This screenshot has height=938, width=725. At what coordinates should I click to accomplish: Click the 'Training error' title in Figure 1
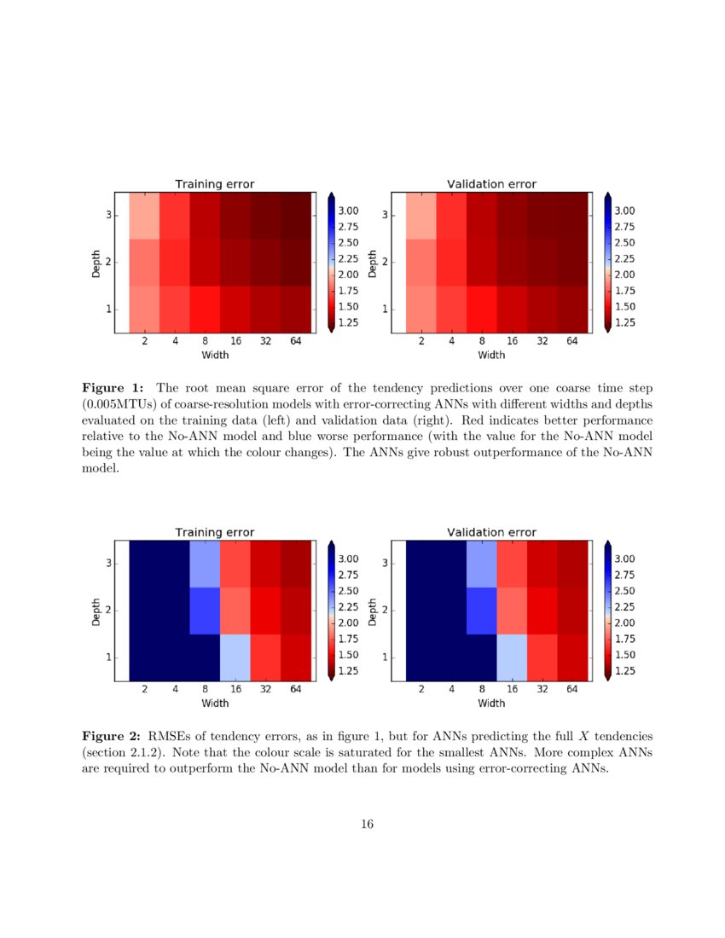click(x=214, y=183)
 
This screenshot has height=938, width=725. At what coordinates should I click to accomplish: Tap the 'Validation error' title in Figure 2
click(x=491, y=532)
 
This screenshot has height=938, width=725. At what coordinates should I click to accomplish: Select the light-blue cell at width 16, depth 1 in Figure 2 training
click(x=235, y=658)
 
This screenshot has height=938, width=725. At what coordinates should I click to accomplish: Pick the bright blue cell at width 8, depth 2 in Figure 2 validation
click(x=482, y=611)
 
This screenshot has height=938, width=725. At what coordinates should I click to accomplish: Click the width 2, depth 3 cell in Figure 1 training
click(x=144, y=216)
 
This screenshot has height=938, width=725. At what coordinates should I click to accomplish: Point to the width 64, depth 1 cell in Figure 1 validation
click(x=572, y=310)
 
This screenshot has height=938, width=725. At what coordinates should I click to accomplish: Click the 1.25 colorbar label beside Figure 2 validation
click(x=627, y=671)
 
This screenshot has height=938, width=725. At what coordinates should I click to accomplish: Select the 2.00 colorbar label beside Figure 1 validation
click(x=627, y=275)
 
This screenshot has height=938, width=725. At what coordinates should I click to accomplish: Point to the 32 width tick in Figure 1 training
click(x=266, y=341)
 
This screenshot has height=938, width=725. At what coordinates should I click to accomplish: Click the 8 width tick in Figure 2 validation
click(x=482, y=690)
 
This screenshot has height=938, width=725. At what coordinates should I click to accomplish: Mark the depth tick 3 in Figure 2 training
click(x=108, y=563)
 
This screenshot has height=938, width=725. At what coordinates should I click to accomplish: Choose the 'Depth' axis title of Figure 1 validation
click(x=373, y=262)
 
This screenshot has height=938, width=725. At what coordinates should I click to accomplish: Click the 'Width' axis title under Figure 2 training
click(x=214, y=703)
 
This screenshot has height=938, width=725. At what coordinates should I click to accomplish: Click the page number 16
click(x=367, y=824)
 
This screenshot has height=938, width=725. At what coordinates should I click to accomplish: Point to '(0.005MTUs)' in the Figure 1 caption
click(x=117, y=404)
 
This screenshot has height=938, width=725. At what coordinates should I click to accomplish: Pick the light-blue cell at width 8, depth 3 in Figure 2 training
click(x=205, y=563)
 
